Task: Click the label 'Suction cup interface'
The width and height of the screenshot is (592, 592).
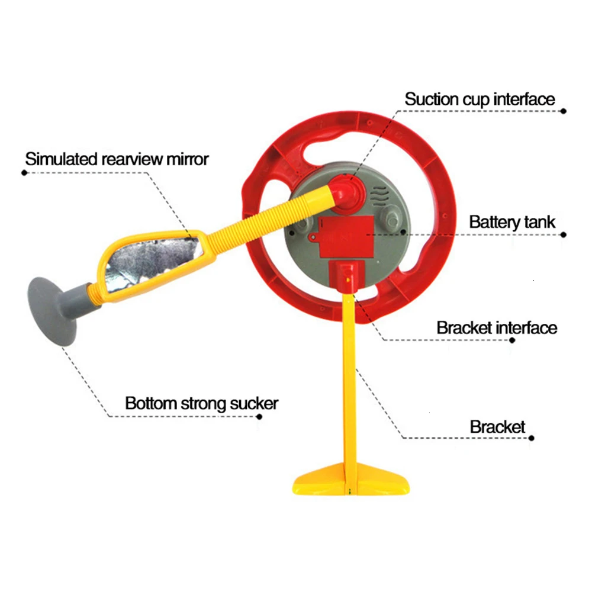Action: coord(480,99)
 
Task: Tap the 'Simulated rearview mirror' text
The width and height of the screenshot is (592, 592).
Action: coord(117,159)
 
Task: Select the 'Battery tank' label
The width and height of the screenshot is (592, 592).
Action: coord(512,223)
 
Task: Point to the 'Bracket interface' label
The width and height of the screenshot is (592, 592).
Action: coord(497,328)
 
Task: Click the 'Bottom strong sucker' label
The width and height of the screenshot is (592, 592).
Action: coord(202,403)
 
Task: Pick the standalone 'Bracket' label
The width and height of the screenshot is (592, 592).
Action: coord(497,427)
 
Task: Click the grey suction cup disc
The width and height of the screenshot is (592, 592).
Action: coord(51,311)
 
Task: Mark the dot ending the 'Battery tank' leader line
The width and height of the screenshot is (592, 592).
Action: coord(564,235)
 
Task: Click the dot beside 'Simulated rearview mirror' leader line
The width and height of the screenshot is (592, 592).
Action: coord(24,173)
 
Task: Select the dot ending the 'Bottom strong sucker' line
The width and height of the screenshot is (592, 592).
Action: coord(259,417)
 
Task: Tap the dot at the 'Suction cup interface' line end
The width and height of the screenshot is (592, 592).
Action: coord(564,111)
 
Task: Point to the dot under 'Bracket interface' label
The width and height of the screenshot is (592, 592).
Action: coord(512,340)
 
